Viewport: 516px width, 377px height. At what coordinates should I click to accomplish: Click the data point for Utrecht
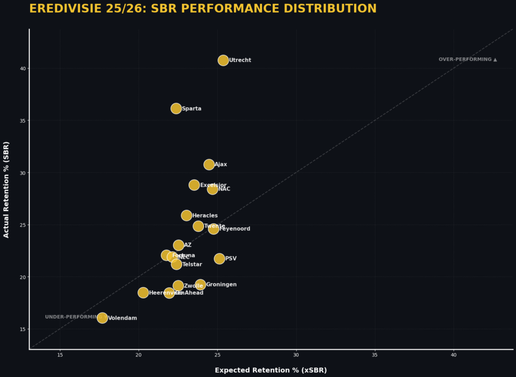tap(223, 60)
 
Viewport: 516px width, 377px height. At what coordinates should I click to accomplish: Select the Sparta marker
tap(176, 108)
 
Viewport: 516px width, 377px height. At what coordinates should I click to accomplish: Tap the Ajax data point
tap(209, 165)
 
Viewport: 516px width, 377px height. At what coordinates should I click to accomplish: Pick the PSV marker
tap(219, 259)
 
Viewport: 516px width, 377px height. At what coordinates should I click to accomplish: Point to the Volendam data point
tap(102, 318)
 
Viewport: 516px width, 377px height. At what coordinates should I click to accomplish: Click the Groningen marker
tap(201, 285)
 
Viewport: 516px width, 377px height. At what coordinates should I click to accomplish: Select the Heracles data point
tap(186, 215)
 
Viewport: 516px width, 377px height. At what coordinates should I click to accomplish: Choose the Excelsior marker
tap(194, 185)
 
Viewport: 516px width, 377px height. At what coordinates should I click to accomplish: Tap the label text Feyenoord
tap(235, 229)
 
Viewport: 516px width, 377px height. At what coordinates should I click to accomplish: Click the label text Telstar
tap(192, 264)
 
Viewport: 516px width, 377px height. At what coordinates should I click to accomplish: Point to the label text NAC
tap(224, 189)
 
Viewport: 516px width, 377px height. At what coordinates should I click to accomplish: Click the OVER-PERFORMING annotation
tap(468, 59)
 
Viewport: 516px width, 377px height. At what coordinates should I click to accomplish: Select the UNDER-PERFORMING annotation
tap(73, 317)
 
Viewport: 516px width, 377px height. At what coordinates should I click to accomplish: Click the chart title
tap(203, 9)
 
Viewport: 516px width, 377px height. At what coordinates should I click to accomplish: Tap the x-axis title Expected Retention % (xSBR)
tap(271, 370)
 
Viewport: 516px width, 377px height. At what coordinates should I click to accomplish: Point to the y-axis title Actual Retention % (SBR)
tap(7, 189)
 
